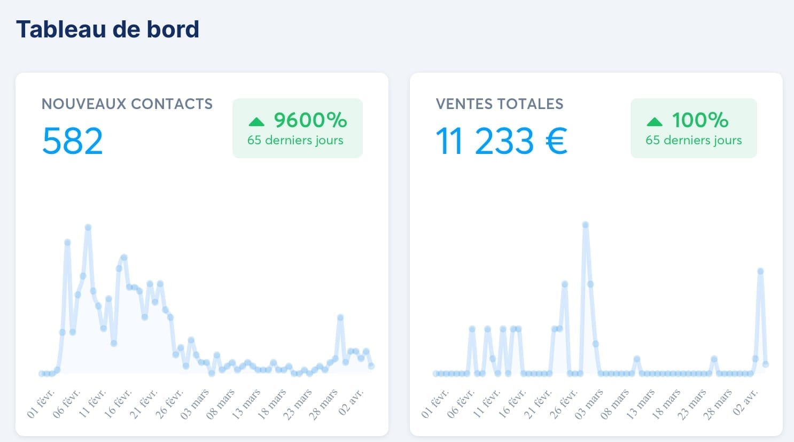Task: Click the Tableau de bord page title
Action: coord(107,29)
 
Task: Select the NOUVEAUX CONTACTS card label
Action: coord(127,104)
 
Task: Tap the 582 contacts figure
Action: coord(72,141)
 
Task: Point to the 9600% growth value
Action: coord(310,120)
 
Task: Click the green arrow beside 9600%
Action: coord(256,122)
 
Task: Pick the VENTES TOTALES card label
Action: coord(500,104)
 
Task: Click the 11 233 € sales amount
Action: coord(501,141)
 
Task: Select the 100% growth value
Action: coord(700,120)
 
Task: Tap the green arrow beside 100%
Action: coord(654,122)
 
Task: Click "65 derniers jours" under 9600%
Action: coord(295,141)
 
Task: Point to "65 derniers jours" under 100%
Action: coord(694,141)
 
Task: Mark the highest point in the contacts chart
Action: coord(88,228)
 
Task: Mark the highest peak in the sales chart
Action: coord(586,225)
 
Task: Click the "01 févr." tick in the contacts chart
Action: coord(41,404)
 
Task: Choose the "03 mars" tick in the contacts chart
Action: coord(195,404)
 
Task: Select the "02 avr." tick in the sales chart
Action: coord(746,402)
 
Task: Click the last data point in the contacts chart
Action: coord(371,366)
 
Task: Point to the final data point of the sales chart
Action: coord(766,364)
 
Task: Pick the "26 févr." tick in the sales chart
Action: coord(563,404)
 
